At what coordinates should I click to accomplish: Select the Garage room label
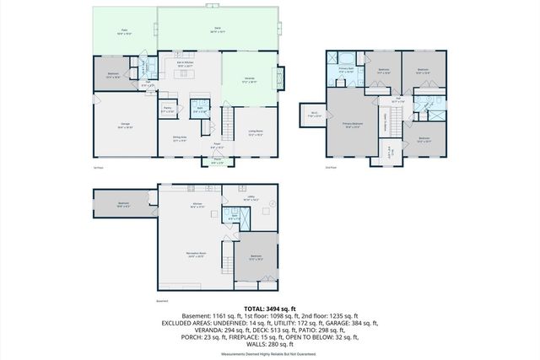tap(125, 125)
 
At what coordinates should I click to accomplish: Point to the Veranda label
tap(250, 81)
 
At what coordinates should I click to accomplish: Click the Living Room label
tap(255, 132)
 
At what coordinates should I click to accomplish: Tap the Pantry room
tap(167, 109)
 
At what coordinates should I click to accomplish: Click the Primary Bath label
tap(346, 72)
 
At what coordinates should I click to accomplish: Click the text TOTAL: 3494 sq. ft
tap(269, 309)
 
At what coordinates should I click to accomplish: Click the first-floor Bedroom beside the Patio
tap(114, 74)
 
